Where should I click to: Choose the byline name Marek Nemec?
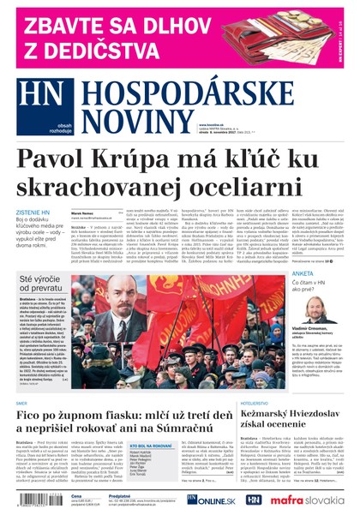[82, 212]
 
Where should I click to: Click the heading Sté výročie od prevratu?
[43, 284]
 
